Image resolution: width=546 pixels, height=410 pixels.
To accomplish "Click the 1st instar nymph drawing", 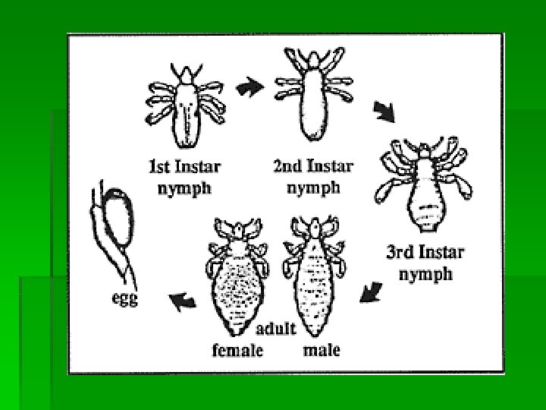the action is click(x=185, y=106).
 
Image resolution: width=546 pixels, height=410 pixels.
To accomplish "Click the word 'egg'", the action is click(x=124, y=299).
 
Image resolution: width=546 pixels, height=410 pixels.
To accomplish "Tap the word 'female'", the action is click(x=237, y=350).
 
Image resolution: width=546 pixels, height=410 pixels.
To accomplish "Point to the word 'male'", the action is click(x=322, y=350).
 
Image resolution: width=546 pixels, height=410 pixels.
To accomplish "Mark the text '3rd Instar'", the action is click(x=425, y=252).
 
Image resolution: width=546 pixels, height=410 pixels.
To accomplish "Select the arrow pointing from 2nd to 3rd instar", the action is click(x=386, y=112).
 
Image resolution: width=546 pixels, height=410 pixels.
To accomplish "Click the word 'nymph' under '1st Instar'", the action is click(x=185, y=188).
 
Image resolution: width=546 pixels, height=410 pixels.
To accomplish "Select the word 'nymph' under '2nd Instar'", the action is click(x=313, y=188).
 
